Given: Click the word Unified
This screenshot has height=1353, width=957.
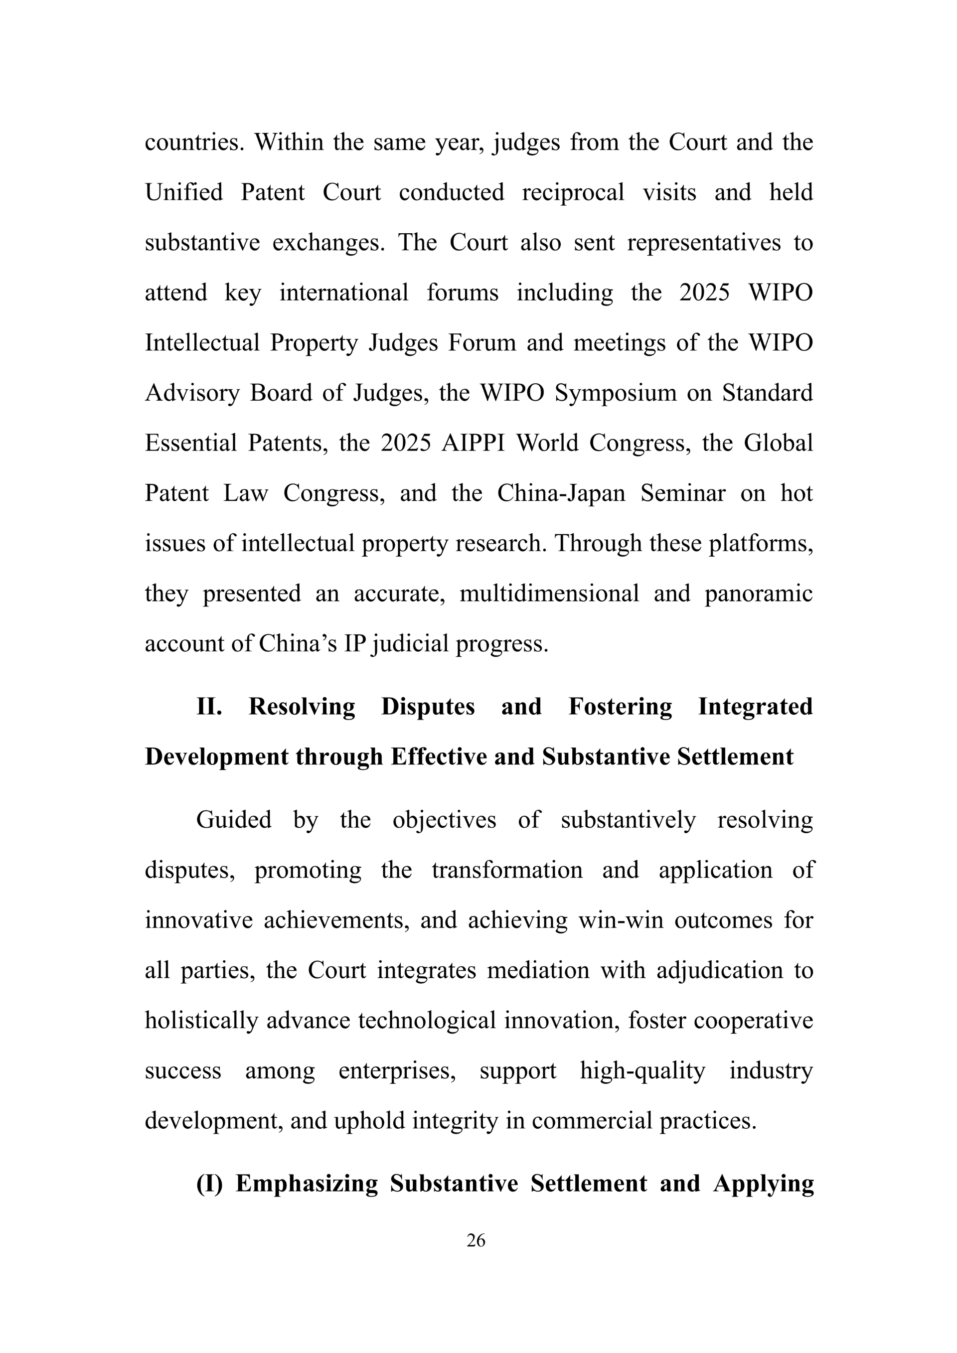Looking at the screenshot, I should [x=184, y=193].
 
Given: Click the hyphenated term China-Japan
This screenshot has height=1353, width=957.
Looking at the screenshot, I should [x=561, y=493].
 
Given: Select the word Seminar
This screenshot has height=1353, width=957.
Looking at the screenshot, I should [x=683, y=493].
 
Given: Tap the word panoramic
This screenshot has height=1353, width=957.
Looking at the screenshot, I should [x=759, y=594].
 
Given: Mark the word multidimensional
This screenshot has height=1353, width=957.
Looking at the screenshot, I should [x=549, y=594].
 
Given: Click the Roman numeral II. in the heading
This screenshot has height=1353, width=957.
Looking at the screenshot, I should [x=209, y=707].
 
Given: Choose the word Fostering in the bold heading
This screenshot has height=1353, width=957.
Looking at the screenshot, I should [x=620, y=707].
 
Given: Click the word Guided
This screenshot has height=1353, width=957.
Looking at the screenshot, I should [x=233, y=820].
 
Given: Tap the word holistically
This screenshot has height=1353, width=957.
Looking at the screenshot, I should [x=201, y=1020].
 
